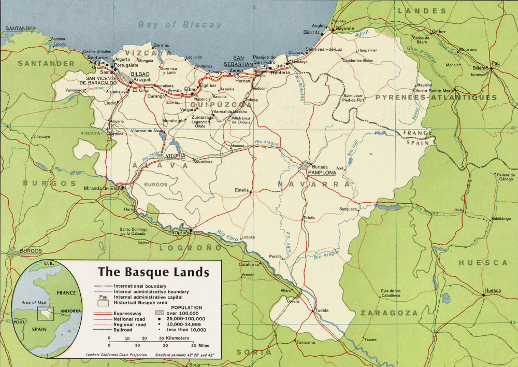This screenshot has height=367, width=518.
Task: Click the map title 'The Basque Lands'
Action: pyautogui.click(x=154, y=272)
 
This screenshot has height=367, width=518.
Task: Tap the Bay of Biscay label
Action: pyautogui.click(x=180, y=24)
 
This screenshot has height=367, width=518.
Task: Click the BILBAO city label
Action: pyautogui.click(x=140, y=75)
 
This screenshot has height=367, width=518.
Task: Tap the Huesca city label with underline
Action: pyautogui.click(x=492, y=291)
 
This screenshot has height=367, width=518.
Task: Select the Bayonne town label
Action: pyautogui.click(x=345, y=29)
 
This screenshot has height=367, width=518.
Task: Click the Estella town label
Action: pyautogui.click(x=242, y=190)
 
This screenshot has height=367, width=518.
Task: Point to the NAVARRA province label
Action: pyautogui.click(x=307, y=185)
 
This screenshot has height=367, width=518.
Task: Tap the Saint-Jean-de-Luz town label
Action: pyautogui.click(x=324, y=49)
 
